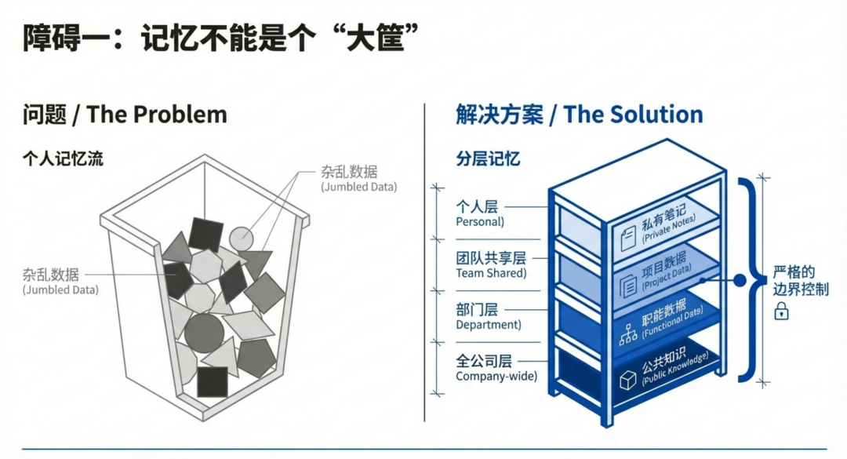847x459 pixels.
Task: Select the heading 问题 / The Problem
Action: [125, 115]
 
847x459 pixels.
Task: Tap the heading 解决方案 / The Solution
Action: [579, 115]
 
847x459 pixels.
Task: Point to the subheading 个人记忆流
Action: [63, 159]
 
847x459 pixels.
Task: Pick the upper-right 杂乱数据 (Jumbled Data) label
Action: [358, 179]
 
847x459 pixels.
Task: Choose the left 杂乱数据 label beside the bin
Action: [60, 281]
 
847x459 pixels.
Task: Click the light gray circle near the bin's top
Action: [241, 238]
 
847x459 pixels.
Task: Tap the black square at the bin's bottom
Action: [212, 381]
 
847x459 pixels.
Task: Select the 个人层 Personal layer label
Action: [480, 213]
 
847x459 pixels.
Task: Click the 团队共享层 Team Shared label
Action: [491, 264]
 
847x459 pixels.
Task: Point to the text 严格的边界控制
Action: [801, 281]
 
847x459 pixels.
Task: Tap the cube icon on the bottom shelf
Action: [627, 381]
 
